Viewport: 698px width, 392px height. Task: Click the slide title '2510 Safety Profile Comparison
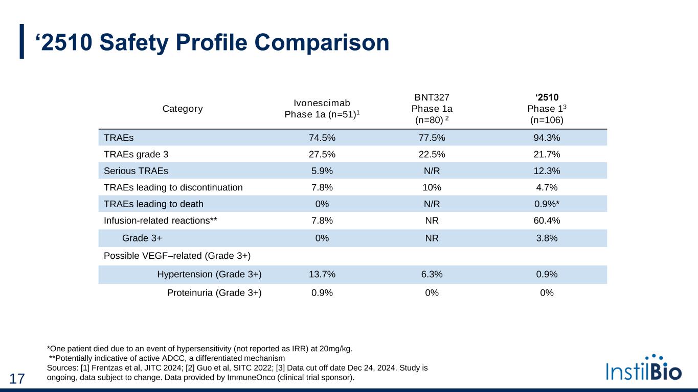pyautogui.click(x=212, y=43)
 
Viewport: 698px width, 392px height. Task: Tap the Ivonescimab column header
pyautogui.click(x=322, y=109)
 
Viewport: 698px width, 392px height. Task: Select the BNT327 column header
pyautogui.click(x=432, y=109)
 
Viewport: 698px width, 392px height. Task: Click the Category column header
pyautogui.click(x=183, y=109)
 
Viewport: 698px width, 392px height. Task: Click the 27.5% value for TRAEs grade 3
pyautogui.click(x=322, y=154)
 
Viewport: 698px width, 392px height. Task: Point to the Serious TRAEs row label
pyautogui.click(x=136, y=170)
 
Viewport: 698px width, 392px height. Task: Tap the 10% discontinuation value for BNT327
pyautogui.click(x=432, y=187)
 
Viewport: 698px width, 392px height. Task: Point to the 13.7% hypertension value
pyautogui.click(x=322, y=275)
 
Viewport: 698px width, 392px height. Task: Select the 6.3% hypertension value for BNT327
pyautogui.click(x=432, y=275)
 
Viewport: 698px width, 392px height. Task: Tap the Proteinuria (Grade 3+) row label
pyautogui.click(x=214, y=293)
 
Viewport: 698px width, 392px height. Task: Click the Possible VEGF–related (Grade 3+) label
pyautogui.click(x=177, y=255)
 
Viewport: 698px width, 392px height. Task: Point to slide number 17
pyautogui.click(x=17, y=379)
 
